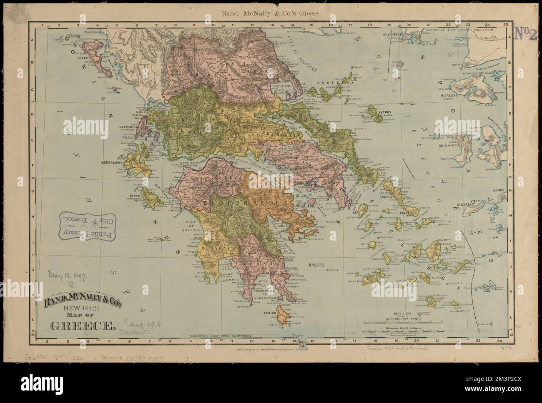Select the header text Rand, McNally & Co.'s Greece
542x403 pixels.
click(x=271, y=13)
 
